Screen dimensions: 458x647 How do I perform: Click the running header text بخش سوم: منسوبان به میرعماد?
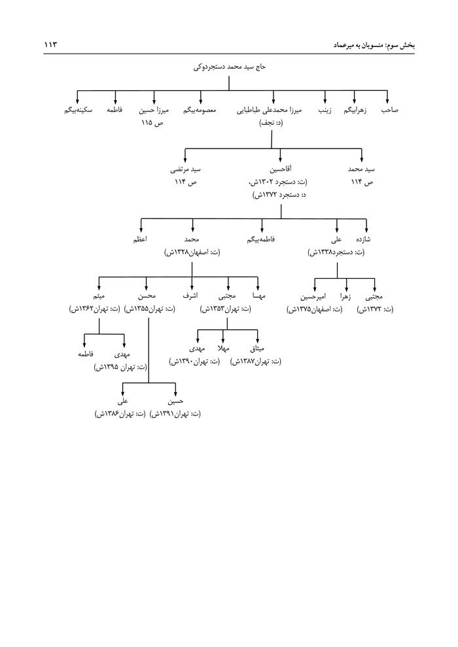point(374,44)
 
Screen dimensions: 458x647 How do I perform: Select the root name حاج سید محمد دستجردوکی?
point(230,67)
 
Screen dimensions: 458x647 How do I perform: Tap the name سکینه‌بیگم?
point(78,110)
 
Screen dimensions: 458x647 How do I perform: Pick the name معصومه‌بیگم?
point(200,110)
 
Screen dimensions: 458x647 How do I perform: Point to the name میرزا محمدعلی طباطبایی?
point(269,110)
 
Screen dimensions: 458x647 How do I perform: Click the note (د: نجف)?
point(271,123)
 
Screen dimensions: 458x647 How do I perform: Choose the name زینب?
point(325,110)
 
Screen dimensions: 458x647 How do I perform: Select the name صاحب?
point(390,110)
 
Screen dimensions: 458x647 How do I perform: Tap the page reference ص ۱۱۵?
point(152,123)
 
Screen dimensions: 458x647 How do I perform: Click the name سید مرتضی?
point(185,169)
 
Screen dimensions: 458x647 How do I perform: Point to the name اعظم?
point(140,239)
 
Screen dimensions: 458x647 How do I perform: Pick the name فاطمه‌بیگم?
point(261,239)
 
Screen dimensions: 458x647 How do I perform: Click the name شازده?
point(363,239)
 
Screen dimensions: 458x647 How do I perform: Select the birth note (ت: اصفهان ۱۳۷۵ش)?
point(315,309)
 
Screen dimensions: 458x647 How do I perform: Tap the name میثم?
point(99,296)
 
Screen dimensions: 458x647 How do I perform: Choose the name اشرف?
point(190,296)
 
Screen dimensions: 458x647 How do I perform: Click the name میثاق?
point(257,349)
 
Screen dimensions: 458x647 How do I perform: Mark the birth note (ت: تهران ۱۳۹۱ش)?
point(175,414)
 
